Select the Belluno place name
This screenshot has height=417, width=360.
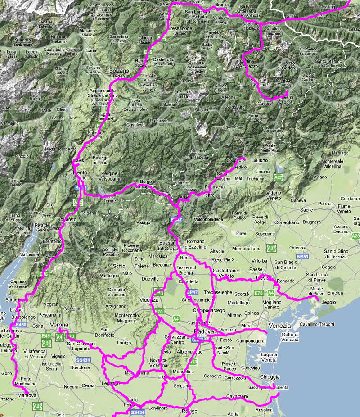pos(260,160)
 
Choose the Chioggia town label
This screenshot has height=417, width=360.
pos(270,377)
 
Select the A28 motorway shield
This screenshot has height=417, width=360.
pos(355,236)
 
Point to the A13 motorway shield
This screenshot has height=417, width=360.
pos(193,361)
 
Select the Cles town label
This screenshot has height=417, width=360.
pos(61,109)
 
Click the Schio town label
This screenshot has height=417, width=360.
pos(119,266)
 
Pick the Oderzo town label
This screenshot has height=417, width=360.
pos(297,247)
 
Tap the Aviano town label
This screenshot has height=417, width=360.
pos(320,177)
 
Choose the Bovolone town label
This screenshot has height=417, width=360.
pos(81,367)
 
